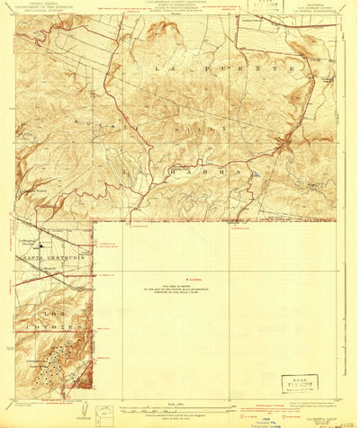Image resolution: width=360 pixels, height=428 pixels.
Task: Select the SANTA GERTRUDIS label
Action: (53, 258)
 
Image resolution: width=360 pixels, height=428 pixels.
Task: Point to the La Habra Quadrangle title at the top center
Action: (180, 7)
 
